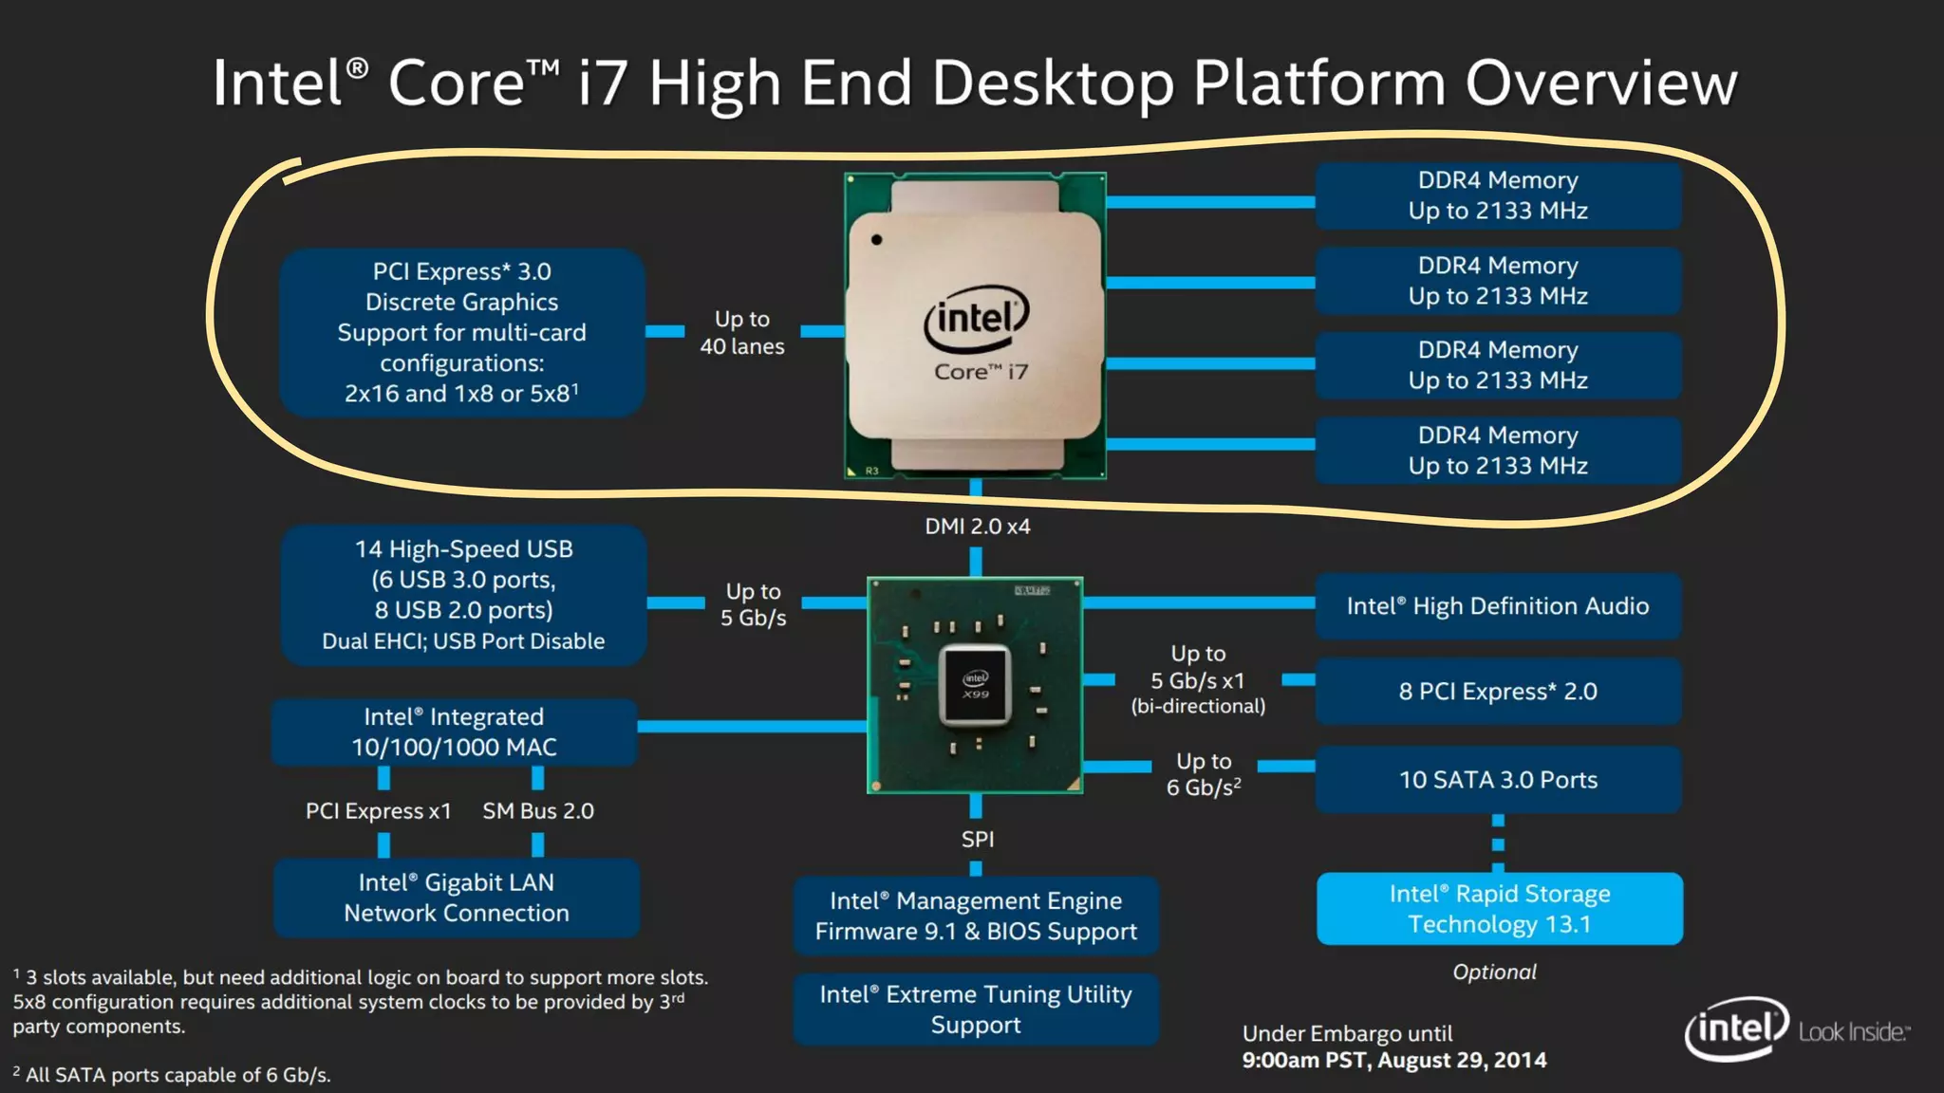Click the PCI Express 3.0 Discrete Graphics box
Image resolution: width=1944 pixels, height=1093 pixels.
pyautogui.click(x=462, y=332)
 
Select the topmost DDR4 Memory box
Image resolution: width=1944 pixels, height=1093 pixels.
pyautogui.click(x=1498, y=195)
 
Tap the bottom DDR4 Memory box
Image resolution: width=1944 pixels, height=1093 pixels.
pyautogui.click(x=1498, y=451)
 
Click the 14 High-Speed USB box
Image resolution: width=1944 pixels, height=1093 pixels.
pyautogui.click(x=463, y=594)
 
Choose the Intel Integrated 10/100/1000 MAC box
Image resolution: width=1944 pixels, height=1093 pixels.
pyautogui.click(x=454, y=732)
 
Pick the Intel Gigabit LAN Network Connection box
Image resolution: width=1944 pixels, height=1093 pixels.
pyautogui.click(x=457, y=898)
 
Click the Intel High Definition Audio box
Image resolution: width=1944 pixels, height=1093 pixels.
pyautogui.click(x=1498, y=606)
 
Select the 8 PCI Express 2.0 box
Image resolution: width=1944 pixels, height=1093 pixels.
pyautogui.click(x=1498, y=692)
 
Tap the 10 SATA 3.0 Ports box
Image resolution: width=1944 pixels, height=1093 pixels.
pyautogui.click(x=1498, y=780)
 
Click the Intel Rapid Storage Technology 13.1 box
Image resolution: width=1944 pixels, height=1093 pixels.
pyautogui.click(x=1500, y=909)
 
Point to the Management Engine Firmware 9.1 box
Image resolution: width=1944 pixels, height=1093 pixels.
pyautogui.click(x=976, y=916)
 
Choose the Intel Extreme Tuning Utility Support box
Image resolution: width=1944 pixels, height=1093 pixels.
pyautogui.click(x=976, y=1010)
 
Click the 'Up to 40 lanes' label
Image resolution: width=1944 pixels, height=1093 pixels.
pyautogui.click(x=742, y=333)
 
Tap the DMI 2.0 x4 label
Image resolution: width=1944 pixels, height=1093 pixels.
pyautogui.click(x=978, y=527)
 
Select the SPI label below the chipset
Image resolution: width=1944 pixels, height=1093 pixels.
pyautogui.click(x=978, y=840)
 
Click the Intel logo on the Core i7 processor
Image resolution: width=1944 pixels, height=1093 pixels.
pyautogui.click(x=977, y=318)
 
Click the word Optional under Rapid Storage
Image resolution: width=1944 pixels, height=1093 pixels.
pyautogui.click(x=1494, y=973)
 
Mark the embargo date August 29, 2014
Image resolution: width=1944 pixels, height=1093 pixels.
pyautogui.click(x=1462, y=1061)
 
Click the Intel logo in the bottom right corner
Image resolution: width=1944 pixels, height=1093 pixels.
pyautogui.click(x=1736, y=1028)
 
